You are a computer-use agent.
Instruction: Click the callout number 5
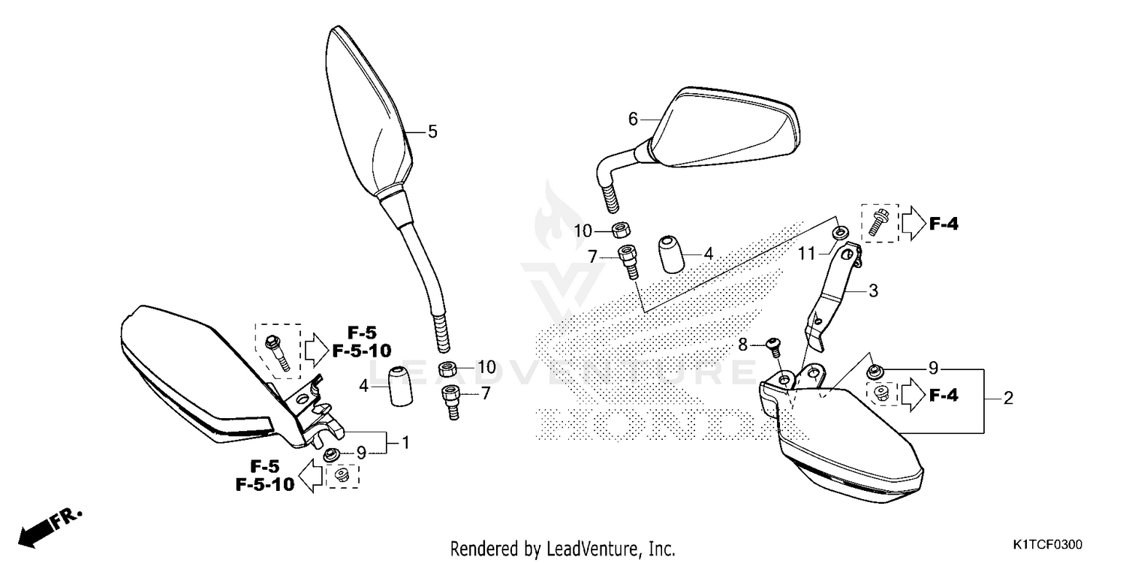point(432,131)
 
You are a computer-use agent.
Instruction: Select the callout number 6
point(633,119)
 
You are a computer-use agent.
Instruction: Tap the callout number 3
point(873,290)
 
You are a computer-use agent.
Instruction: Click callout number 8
point(743,345)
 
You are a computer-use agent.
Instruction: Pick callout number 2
point(1008,398)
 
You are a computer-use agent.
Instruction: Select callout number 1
point(405,443)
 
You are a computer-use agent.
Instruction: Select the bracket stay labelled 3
point(833,293)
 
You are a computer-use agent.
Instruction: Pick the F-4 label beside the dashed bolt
point(944,223)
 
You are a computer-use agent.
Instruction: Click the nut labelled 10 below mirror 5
point(447,368)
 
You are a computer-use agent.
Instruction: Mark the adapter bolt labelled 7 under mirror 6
point(628,260)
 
